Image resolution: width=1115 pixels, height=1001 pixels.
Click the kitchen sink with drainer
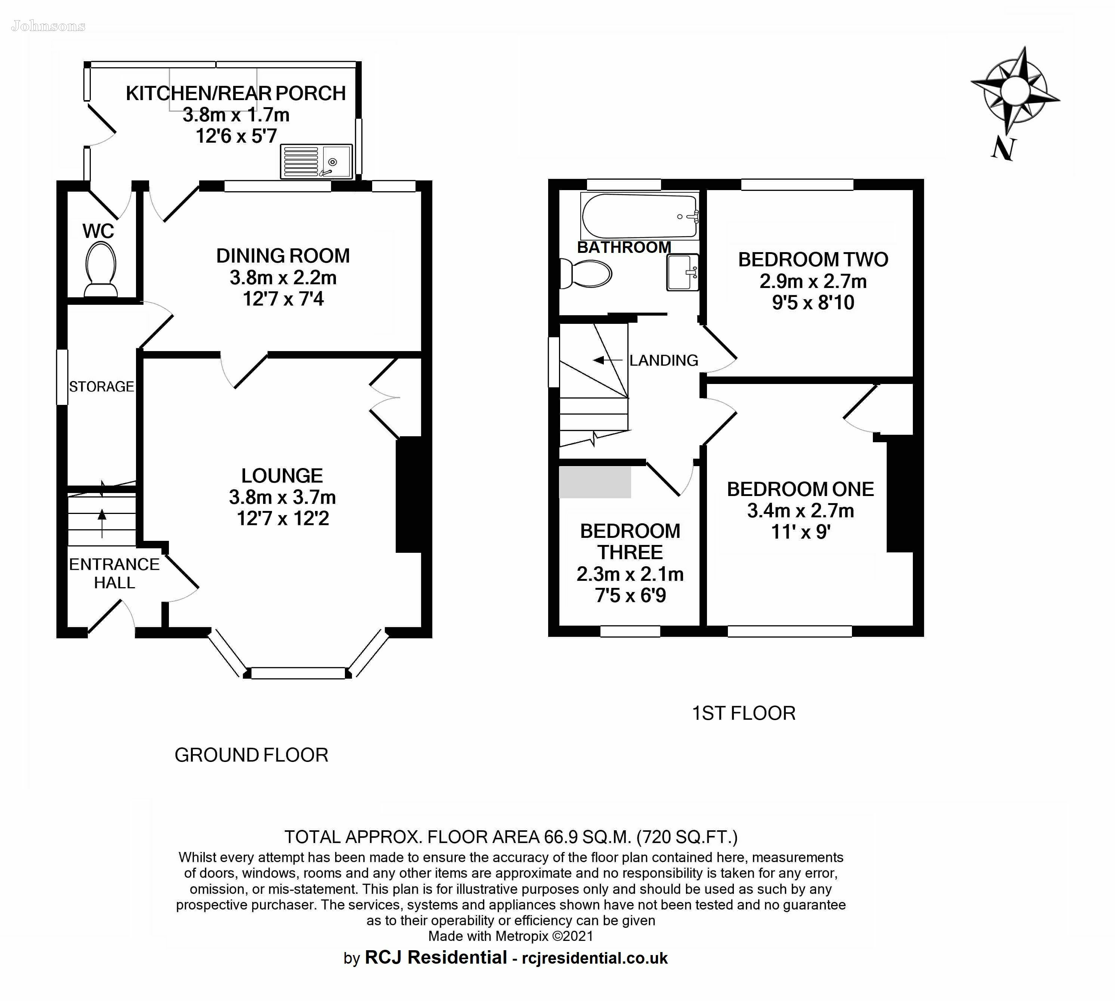(316, 162)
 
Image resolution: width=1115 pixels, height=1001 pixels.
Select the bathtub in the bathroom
(640, 216)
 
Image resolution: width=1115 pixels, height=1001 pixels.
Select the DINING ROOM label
(283, 256)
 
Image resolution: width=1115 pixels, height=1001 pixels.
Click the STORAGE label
(101, 387)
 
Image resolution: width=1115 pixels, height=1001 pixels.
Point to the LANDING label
(664, 360)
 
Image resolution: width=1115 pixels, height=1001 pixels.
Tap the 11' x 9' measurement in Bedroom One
(800, 532)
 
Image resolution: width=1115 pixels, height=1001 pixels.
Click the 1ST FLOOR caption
(744, 713)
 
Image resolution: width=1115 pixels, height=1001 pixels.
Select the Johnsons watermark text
(49, 26)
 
